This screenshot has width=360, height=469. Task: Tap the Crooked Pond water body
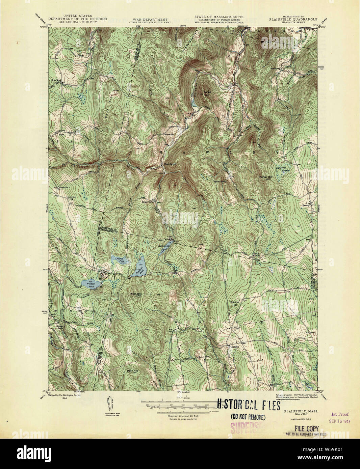[x=117, y=260]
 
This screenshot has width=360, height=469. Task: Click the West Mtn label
[x=136, y=294]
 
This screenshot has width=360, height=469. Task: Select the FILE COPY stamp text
[x=307, y=428]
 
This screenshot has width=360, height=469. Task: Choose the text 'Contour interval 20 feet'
[x=183, y=416]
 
